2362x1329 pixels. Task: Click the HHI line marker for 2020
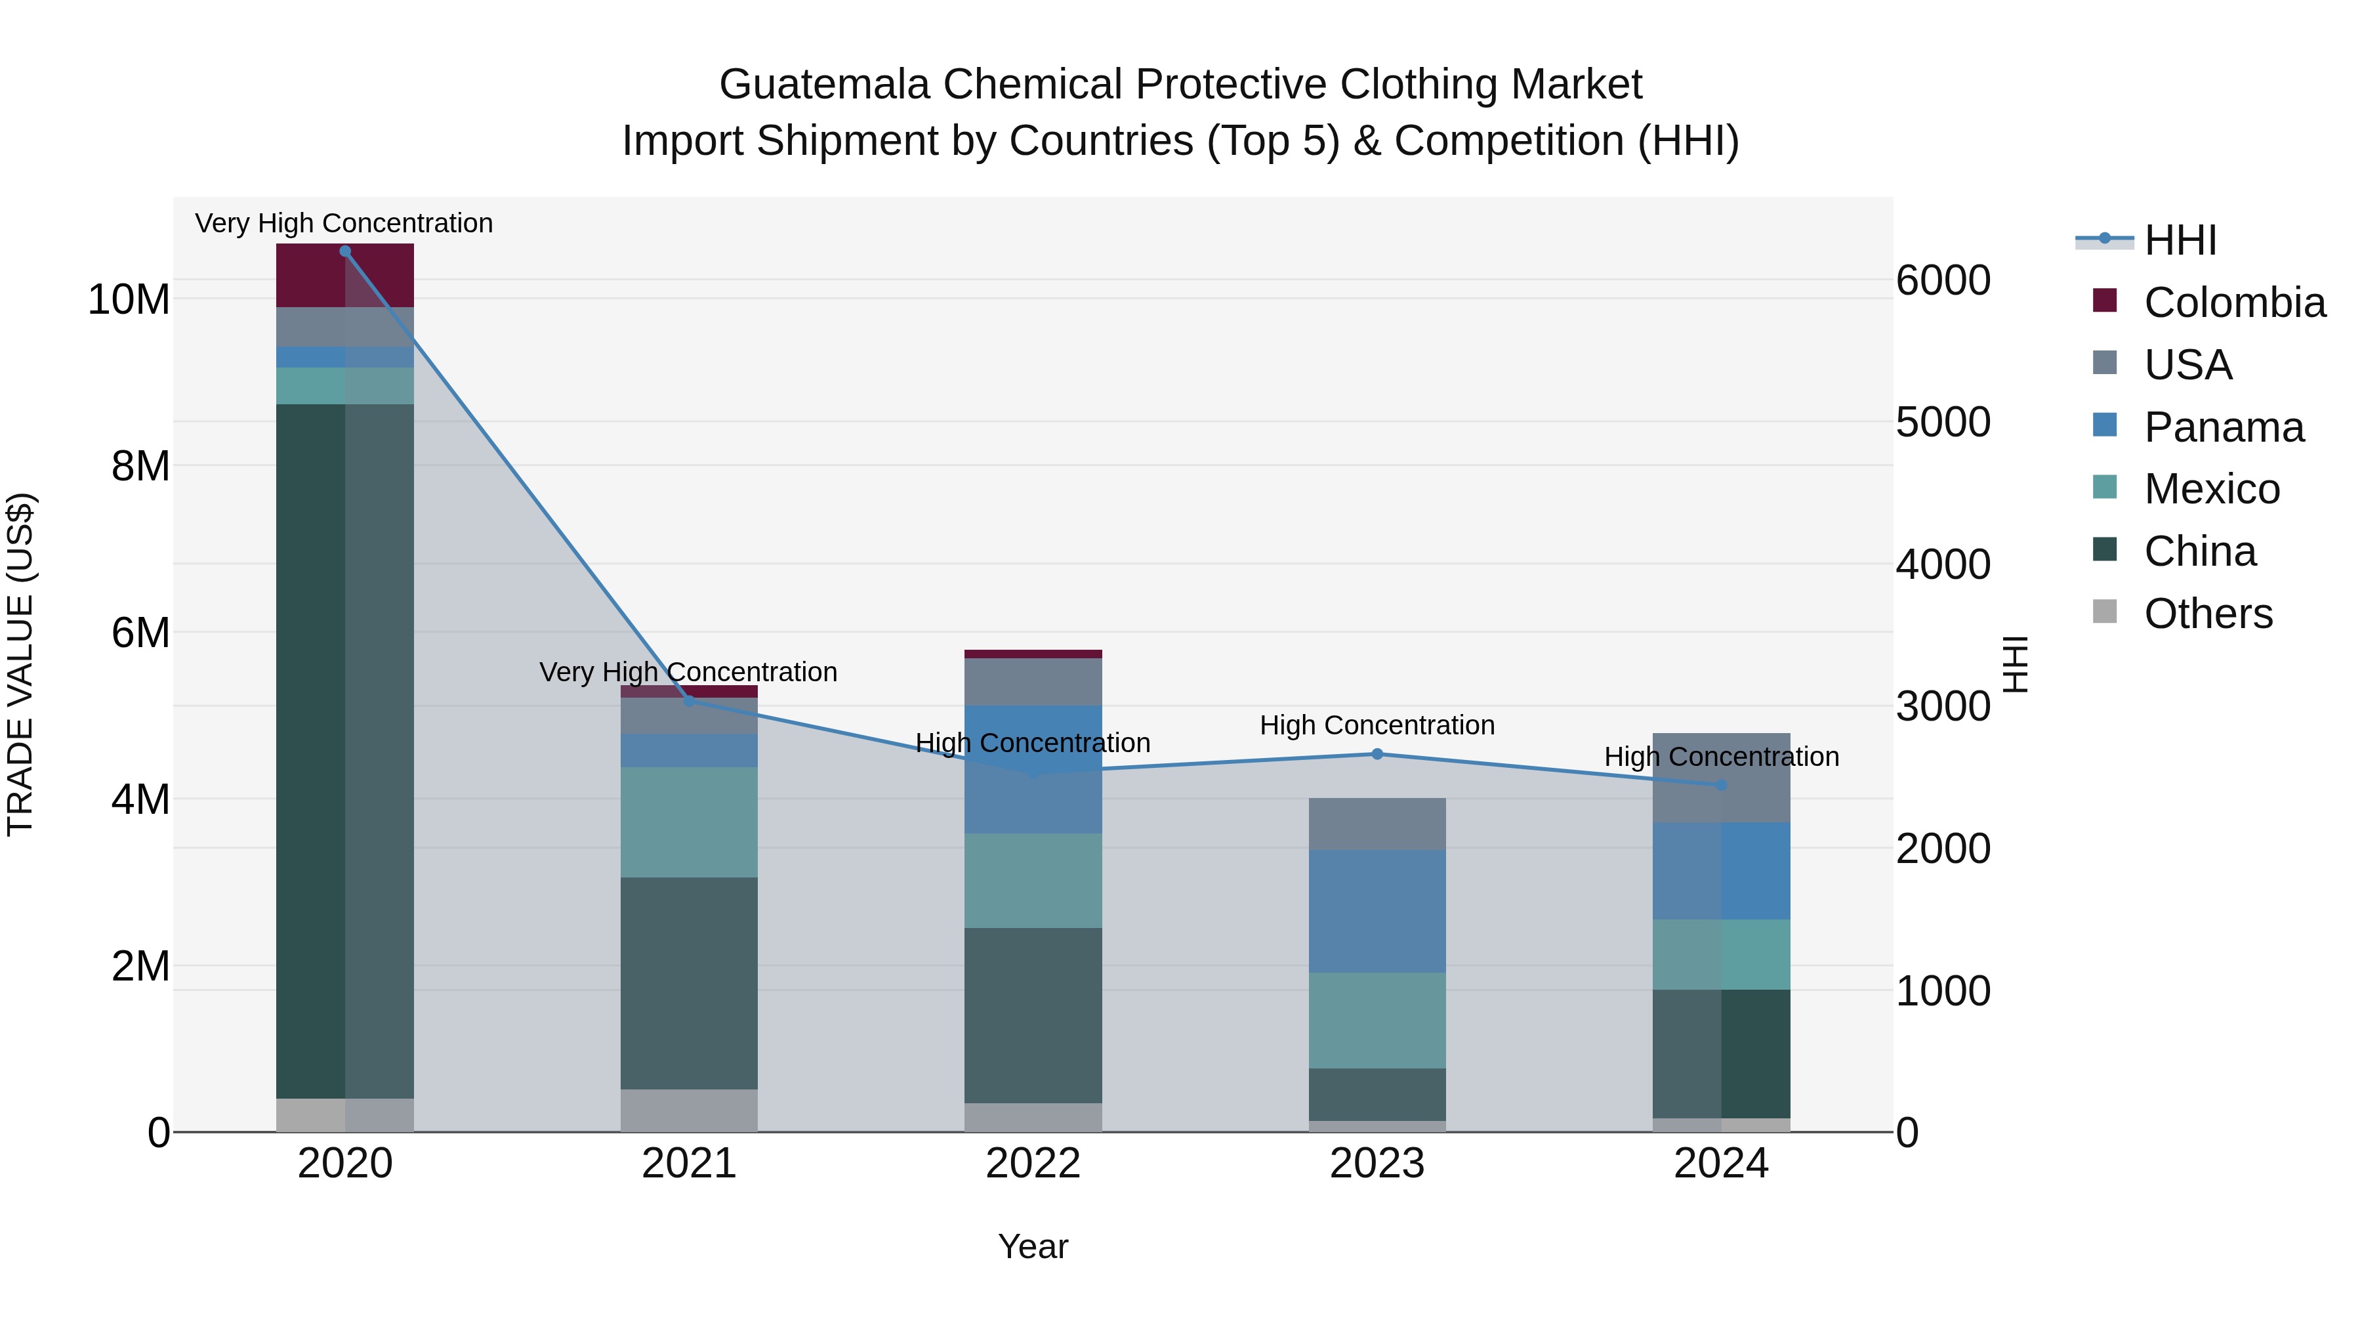pos(344,251)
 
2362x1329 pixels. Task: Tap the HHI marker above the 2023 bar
pos(1377,754)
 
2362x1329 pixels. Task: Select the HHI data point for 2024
pos(1721,785)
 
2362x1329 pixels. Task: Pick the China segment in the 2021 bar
pos(689,983)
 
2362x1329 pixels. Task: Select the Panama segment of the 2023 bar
pos(1377,911)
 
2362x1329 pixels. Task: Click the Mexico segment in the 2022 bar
pos(1033,881)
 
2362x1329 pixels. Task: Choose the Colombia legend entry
pos(2210,303)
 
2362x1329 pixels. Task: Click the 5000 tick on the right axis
pos(1943,422)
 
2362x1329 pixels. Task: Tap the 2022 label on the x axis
pos(1033,1164)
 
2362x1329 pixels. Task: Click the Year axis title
pos(1033,1246)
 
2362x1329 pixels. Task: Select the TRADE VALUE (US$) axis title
pos(20,664)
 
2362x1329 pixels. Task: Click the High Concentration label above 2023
pos(1377,725)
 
